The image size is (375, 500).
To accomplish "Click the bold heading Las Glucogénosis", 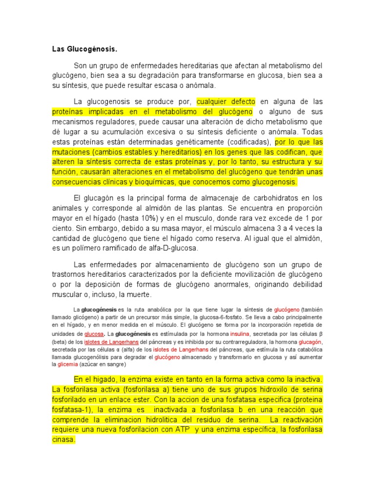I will pyautogui.click(x=85, y=49).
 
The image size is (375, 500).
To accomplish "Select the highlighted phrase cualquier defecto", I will pyautogui.click(x=226, y=102).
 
